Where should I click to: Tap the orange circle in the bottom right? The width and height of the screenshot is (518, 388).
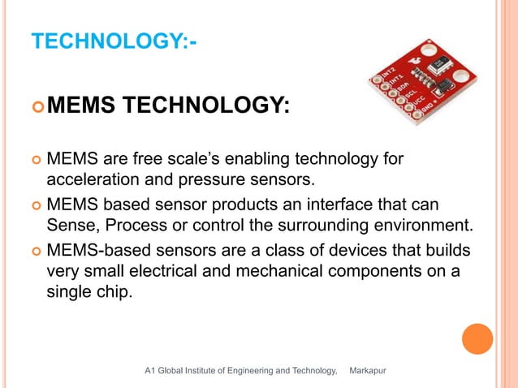coord(477,339)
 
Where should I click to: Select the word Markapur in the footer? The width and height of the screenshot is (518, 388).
coord(367,371)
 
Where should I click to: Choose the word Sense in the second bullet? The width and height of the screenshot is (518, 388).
coord(68,223)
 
